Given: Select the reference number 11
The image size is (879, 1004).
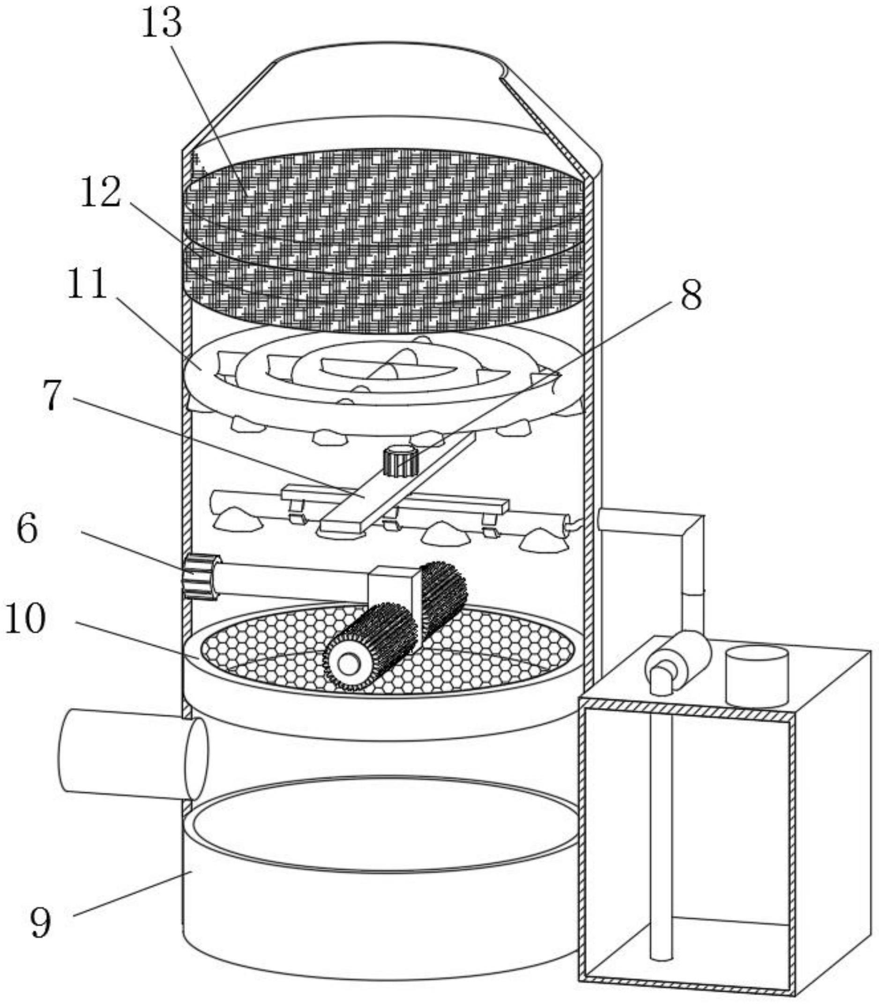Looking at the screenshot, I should coord(87,285).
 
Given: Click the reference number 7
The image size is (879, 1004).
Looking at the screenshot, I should coord(51,396).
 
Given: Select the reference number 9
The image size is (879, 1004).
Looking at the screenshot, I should coord(41,923).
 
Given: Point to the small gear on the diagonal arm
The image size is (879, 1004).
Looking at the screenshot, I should coord(400,461).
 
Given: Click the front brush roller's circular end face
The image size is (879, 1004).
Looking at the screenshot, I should coord(348,664).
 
